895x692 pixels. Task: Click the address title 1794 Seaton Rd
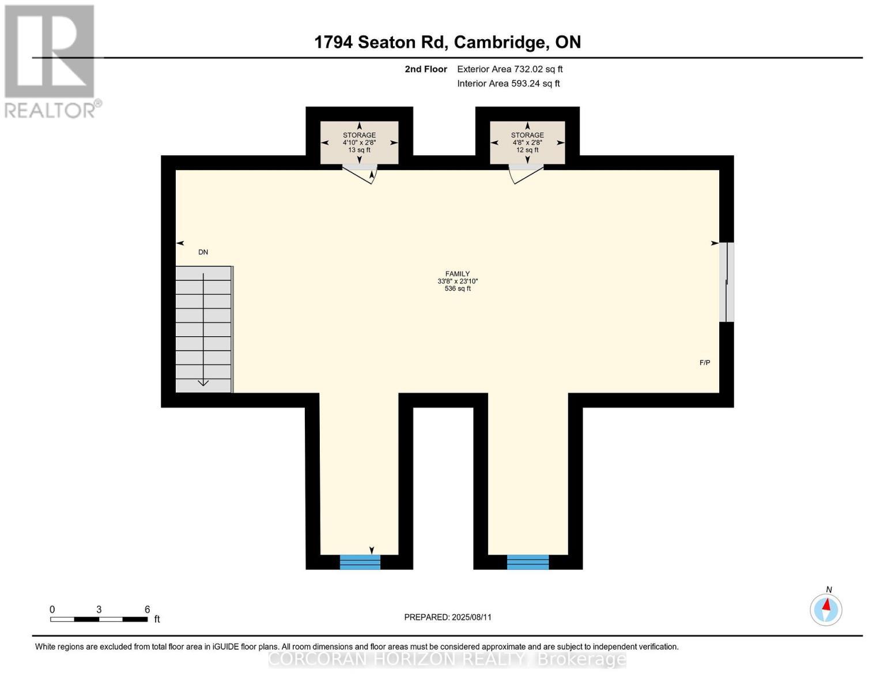click(x=382, y=42)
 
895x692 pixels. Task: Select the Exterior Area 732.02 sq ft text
click(x=509, y=69)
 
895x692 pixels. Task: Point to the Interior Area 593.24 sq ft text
click(x=508, y=84)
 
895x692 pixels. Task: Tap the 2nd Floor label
click(x=426, y=69)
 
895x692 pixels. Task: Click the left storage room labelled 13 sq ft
click(x=359, y=142)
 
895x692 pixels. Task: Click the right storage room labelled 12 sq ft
click(x=527, y=142)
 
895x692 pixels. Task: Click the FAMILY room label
click(x=457, y=274)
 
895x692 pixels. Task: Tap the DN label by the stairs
click(x=203, y=253)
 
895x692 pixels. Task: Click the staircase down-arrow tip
click(x=203, y=384)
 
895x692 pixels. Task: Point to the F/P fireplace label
click(x=705, y=363)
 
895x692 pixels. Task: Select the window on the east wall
click(x=727, y=282)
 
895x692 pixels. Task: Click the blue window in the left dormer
click(x=360, y=562)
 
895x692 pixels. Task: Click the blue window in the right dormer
click(x=528, y=562)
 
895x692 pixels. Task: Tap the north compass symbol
click(x=826, y=609)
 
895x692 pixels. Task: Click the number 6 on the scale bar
click(x=148, y=610)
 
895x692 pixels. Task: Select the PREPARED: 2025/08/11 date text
click(x=448, y=617)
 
